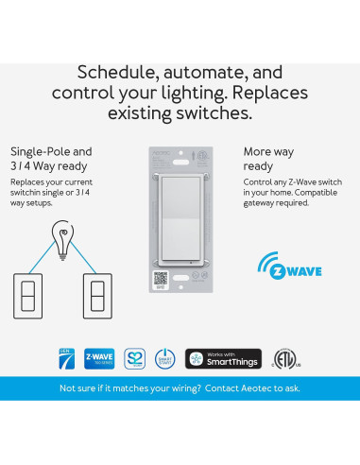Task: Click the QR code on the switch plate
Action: [x=160, y=279]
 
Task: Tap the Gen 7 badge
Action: [x=66, y=359]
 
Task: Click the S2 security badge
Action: [x=134, y=359]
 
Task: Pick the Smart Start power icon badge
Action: [x=166, y=359]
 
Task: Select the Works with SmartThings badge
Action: [x=223, y=359]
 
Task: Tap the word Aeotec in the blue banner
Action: [x=256, y=388]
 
